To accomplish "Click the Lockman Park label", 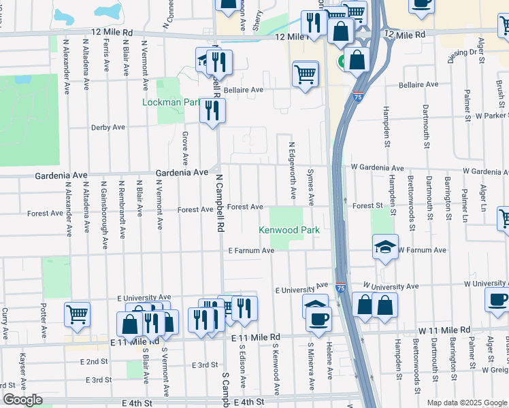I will [x=171, y=103].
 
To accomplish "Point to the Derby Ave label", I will [x=108, y=127].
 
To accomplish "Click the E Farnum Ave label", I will [x=251, y=251].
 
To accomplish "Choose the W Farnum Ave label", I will [x=422, y=250].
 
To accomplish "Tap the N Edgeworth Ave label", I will [x=293, y=171].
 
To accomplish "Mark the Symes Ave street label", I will [x=311, y=187].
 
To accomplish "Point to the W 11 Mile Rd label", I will [x=444, y=330].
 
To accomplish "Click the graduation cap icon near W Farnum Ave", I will [x=385, y=246].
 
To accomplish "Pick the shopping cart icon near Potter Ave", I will [x=77, y=314].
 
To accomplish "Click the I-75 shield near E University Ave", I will [x=340, y=288].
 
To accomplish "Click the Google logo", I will [x=22, y=400].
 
